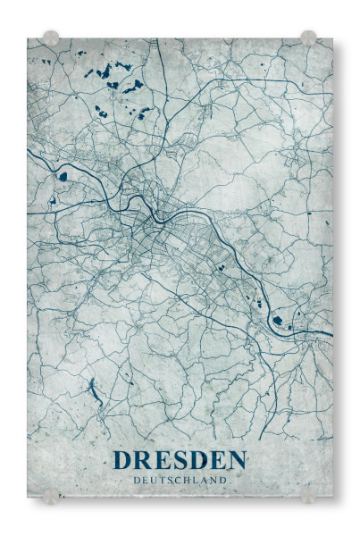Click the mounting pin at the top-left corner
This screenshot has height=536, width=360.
[51, 38]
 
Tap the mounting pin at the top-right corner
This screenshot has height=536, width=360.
[308, 38]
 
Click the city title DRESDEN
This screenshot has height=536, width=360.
[180, 461]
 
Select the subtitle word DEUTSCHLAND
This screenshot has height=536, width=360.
[180, 480]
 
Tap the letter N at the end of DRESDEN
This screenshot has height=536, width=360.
[236, 461]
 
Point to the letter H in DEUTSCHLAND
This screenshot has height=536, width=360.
[188, 480]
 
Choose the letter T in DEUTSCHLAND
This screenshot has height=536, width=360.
[161, 480]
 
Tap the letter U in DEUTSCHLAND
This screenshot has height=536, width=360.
[152, 480]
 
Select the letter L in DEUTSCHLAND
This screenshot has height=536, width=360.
[197, 480]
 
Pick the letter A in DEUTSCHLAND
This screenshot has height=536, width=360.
[205, 480]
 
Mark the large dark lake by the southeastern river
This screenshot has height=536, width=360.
[277, 320]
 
